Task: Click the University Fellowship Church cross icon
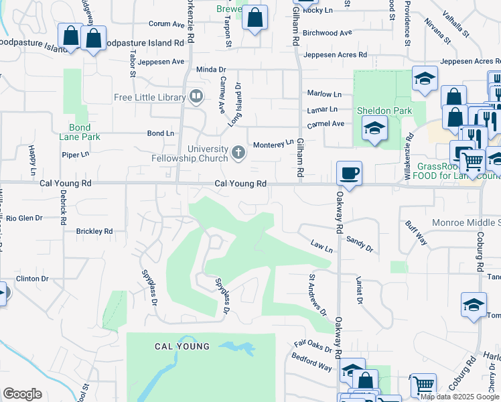click(x=238, y=153)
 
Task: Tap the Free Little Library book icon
click(x=196, y=97)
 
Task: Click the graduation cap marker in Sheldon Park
click(x=374, y=127)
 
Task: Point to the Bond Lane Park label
click(x=84, y=132)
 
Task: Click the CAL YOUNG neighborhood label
click(x=182, y=346)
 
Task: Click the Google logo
click(x=22, y=394)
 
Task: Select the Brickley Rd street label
click(x=94, y=231)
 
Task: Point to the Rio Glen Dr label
click(x=24, y=218)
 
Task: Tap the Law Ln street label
click(x=321, y=246)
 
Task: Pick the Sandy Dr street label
click(x=360, y=243)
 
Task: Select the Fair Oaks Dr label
click(x=313, y=348)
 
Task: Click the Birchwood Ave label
click(x=327, y=33)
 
